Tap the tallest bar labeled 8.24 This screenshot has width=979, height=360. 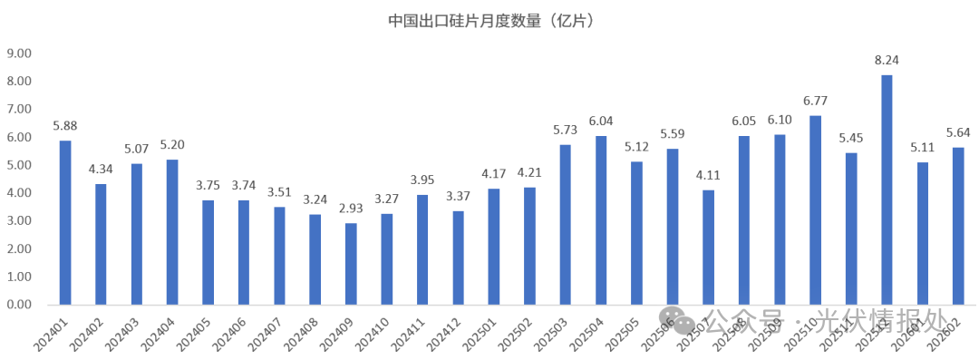(887, 190)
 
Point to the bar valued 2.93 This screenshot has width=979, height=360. (351, 264)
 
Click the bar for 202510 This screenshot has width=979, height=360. (815, 209)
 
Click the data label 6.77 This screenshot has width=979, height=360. (815, 101)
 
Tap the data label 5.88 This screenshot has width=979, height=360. (65, 126)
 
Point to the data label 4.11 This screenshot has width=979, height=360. (708, 176)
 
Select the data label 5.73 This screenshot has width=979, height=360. (566, 131)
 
